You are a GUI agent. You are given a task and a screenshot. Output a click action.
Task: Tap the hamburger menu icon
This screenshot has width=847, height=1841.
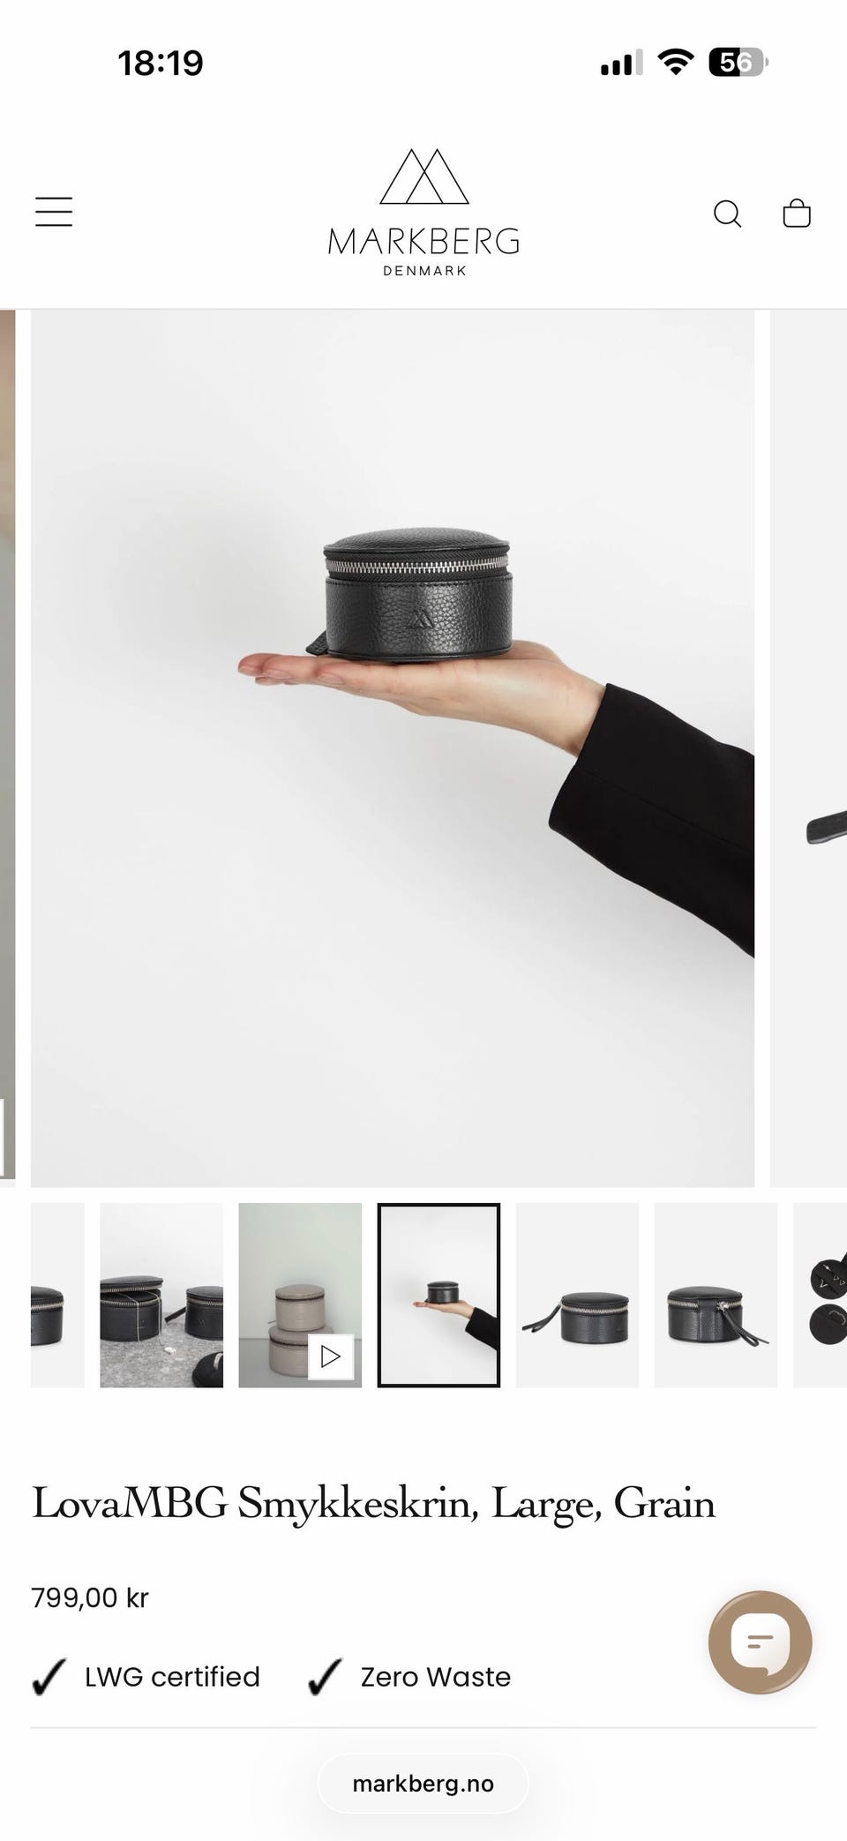[54, 212]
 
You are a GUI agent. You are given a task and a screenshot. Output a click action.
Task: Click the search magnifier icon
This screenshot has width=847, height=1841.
[727, 214]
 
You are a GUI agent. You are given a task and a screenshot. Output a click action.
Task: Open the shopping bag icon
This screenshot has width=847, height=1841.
[797, 213]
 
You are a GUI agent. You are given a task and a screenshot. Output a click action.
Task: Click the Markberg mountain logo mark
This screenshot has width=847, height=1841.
[423, 177]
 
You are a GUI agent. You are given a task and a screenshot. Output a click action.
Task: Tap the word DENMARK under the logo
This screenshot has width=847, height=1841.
[424, 271]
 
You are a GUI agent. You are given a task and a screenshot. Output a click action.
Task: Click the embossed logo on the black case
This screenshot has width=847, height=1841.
[420, 615]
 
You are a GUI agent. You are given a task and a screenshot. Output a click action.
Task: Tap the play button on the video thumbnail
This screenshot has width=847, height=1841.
[331, 1356]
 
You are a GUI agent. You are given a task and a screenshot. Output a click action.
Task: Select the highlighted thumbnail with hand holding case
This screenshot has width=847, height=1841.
[438, 1295]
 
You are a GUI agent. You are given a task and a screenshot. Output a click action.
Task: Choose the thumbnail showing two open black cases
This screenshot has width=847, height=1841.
[161, 1295]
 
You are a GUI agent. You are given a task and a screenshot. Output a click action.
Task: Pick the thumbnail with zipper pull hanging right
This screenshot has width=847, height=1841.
[716, 1295]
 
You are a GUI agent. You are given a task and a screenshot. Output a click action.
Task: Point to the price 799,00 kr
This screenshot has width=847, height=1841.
[90, 1597]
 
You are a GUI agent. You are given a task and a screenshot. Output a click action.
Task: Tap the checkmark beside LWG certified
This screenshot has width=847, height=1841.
[49, 1677]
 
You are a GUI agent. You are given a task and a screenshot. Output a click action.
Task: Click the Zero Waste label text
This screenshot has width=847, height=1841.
[436, 1677]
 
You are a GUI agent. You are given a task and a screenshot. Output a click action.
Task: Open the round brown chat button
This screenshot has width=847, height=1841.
[761, 1642]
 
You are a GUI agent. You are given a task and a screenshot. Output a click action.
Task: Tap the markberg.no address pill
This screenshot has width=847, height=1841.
[423, 1784]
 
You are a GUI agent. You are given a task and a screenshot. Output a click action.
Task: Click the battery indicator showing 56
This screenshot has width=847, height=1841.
[738, 63]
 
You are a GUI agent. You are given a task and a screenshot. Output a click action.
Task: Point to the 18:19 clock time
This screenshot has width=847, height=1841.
[161, 63]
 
